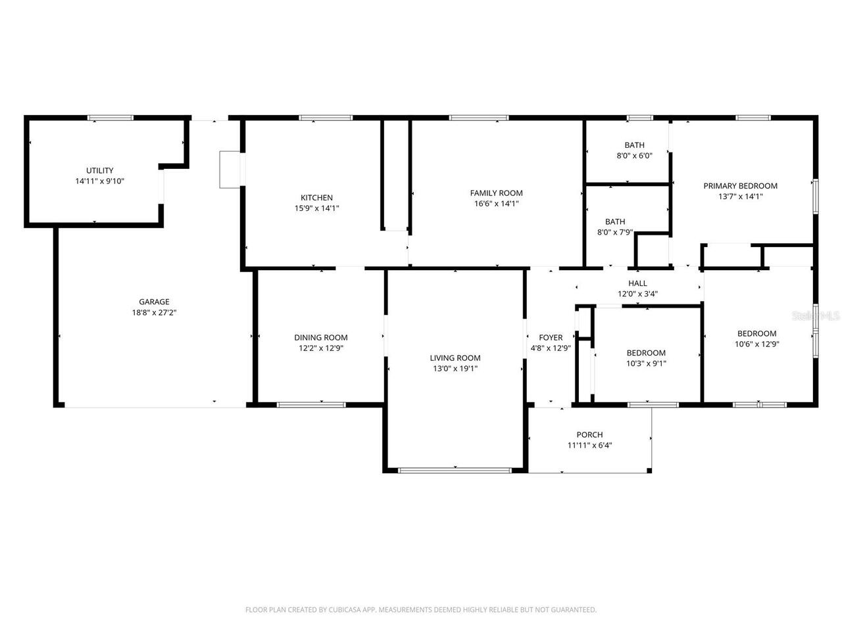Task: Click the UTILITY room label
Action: tap(99, 170)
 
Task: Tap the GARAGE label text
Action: tap(154, 302)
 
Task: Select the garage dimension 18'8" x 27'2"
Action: tap(154, 313)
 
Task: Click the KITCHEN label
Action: tap(316, 197)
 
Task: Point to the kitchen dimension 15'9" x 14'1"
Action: tap(316, 208)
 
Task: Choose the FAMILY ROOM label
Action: tap(496, 193)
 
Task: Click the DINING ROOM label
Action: tap(320, 337)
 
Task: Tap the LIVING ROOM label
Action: tap(455, 358)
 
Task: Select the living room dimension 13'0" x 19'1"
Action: tap(455, 369)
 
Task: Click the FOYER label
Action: tap(551, 338)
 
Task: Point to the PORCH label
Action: tap(589, 434)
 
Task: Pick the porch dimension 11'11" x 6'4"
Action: tap(589, 445)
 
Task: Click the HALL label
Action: tap(637, 283)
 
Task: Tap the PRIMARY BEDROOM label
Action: tap(740, 185)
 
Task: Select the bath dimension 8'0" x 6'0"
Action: tap(634, 156)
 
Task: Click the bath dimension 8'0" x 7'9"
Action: tap(615, 232)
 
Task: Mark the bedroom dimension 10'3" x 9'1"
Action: tap(646, 363)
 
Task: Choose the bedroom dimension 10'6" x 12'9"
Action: tap(756, 344)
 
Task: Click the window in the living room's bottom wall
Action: tap(455, 470)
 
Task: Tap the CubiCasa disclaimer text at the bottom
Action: tap(421, 610)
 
